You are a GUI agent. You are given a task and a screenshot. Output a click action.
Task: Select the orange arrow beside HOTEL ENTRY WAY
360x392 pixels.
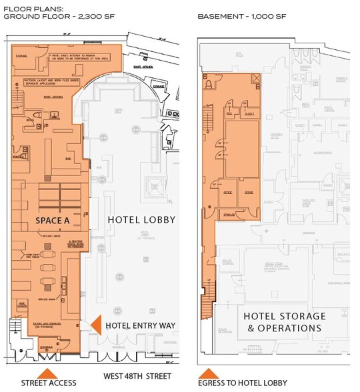[95, 325]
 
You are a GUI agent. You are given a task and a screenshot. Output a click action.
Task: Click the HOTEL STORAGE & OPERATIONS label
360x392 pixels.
[285, 321]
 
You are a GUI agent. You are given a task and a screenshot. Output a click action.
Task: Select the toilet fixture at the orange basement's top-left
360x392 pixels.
[209, 85]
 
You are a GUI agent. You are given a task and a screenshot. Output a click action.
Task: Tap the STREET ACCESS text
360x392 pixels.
[49, 383]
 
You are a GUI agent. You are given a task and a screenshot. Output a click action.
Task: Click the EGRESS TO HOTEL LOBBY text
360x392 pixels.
[243, 383]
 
